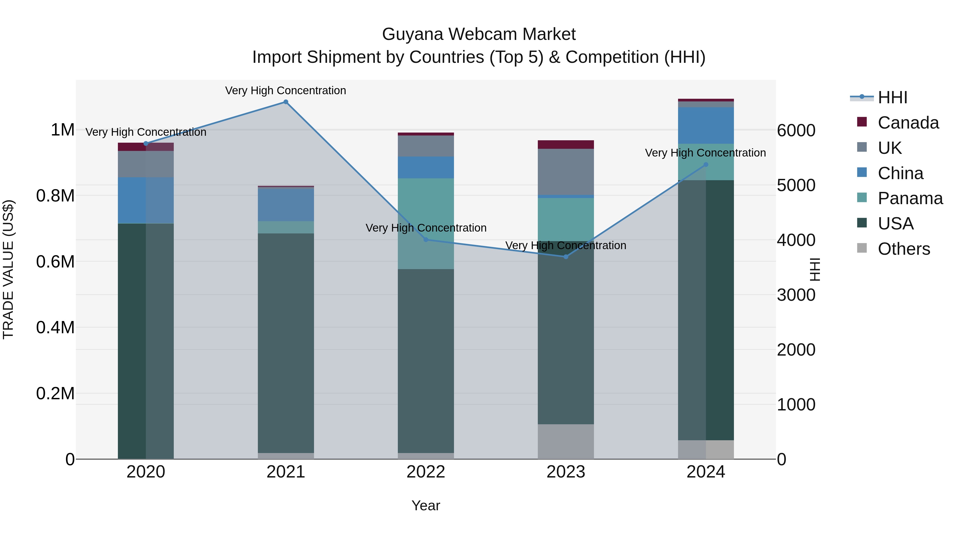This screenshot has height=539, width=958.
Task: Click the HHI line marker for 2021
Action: click(x=286, y=102)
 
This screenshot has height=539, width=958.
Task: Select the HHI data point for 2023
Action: click(x=566, y=257)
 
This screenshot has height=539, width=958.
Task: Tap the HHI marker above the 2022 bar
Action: click(x=426, y=240)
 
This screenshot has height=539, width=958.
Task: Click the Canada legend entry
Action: click(x=908, y=123)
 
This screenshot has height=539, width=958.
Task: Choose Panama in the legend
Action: click(x=910, y=198)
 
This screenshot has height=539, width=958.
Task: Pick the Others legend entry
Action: click(x=904, y=249)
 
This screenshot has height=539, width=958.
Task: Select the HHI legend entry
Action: click(x=892, y=97)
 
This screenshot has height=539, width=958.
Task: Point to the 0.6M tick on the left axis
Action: click(x=55, y=261)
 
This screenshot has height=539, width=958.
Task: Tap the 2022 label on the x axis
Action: click(x=426, y=472)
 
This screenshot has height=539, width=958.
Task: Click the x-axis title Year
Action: click(x=426, y=505)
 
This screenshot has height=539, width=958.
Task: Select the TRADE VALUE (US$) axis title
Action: click(x=8, y=269)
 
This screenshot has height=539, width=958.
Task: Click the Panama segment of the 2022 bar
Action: click(x=426, y=223)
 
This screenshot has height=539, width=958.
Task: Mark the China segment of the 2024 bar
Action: click(x=705, y=125)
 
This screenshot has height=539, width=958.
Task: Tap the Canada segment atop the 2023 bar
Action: click(x=566, y=144)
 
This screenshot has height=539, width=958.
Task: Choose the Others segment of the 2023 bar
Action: click(x=566, y=442)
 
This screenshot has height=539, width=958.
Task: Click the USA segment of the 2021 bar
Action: click(x=286, y=343)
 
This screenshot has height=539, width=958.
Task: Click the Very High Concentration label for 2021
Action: click(x=286, y=90)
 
